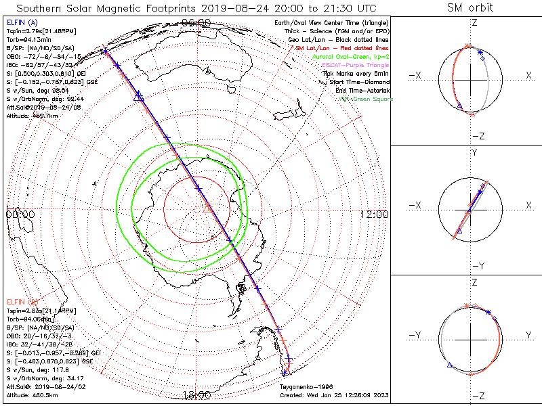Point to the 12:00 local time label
374,214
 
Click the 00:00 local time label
20,214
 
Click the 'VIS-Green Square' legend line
366,99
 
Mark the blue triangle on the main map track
139,97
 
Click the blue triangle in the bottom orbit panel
449,365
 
